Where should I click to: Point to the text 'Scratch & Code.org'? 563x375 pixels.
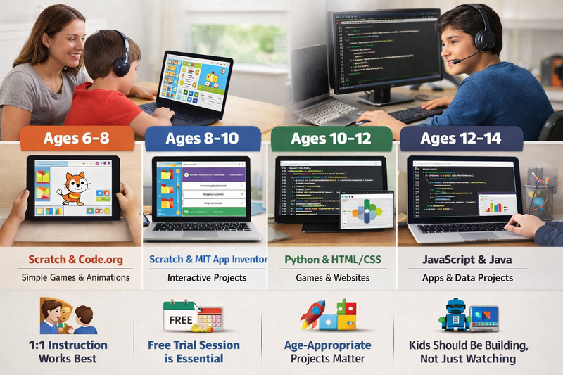[x=75, y=260]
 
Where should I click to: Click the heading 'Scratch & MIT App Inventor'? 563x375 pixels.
[x=208, y=260]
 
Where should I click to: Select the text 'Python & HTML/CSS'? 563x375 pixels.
[x=332, y=260]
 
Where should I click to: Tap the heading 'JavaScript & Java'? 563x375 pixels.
[x=467, y=260]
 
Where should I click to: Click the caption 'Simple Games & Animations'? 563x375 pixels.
[x=75, y=277]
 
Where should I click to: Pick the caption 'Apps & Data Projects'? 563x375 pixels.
[x=467, y=277]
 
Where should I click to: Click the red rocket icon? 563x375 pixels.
[x=312, y=314]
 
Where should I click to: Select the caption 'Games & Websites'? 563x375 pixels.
[x=332, y=277]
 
